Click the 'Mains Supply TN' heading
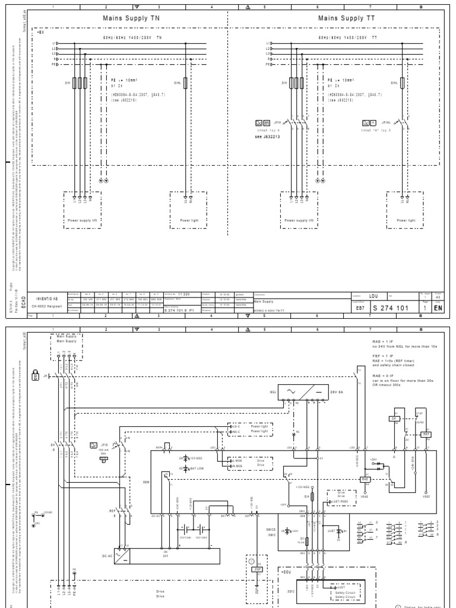tap(132, 18)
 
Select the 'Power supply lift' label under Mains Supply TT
tap(299, 220)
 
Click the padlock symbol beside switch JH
tap(36, 376)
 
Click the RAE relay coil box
tap(366, 479)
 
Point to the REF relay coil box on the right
tap(426, 435)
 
